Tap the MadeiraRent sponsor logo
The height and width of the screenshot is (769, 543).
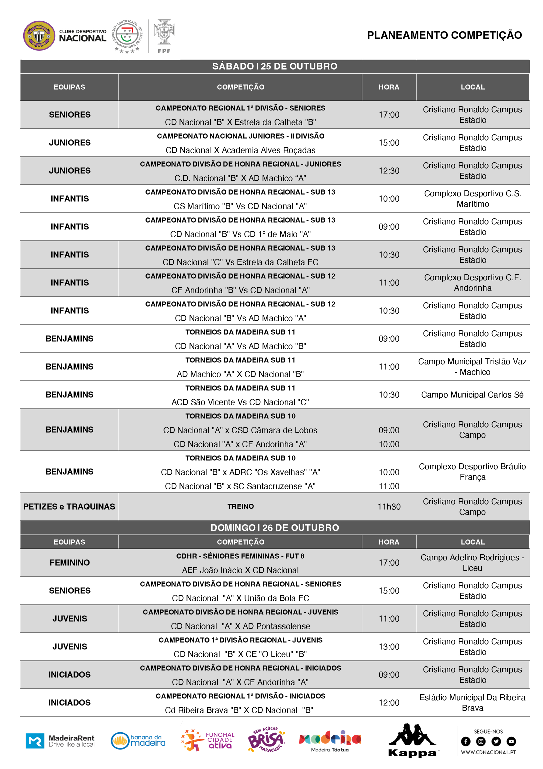[x=60, y=740]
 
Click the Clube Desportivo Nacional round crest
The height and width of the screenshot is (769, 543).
[x=39, y=36]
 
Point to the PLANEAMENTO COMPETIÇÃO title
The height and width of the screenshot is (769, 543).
[x=444, y=35]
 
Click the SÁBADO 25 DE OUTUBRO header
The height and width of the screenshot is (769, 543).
[x=275, y=66]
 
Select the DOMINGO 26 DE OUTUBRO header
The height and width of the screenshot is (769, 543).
[x=275, y=528]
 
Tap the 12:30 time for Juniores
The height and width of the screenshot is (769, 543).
[x=389, y=171]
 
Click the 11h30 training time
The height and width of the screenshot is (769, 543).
[x=389, y=507]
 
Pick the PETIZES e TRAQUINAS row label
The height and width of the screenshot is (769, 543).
[x=69, y=507]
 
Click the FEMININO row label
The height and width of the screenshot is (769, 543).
[x=70, y=563]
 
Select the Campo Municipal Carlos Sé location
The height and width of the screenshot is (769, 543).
[x=472, y=395]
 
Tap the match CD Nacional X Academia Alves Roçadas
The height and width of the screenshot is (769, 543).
[x=240, y=150]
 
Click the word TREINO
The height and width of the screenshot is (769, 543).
[x=240, y=506]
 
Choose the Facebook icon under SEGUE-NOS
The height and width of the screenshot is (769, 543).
[x=465, y=741]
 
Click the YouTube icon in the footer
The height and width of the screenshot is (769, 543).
[x=511, y=741]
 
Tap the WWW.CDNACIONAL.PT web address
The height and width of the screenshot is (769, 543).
[x=488, y=752]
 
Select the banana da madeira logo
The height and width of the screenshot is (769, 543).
[x=138, y=740]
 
